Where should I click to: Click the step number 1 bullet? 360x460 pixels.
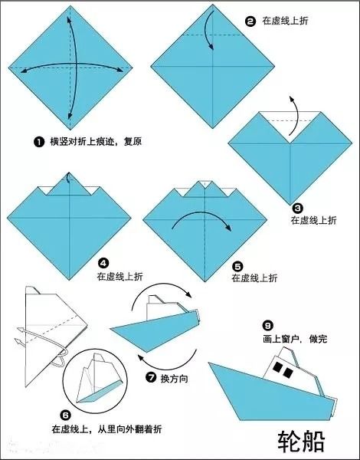38,142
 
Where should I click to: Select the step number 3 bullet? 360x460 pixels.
297,207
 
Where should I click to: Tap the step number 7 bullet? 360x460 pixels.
150,377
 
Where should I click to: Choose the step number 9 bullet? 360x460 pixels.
267,324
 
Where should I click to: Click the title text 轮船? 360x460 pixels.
302,440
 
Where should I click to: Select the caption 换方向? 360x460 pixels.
175,377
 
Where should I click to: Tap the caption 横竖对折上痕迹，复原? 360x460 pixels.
96,142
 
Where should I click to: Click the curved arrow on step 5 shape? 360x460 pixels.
201,221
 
